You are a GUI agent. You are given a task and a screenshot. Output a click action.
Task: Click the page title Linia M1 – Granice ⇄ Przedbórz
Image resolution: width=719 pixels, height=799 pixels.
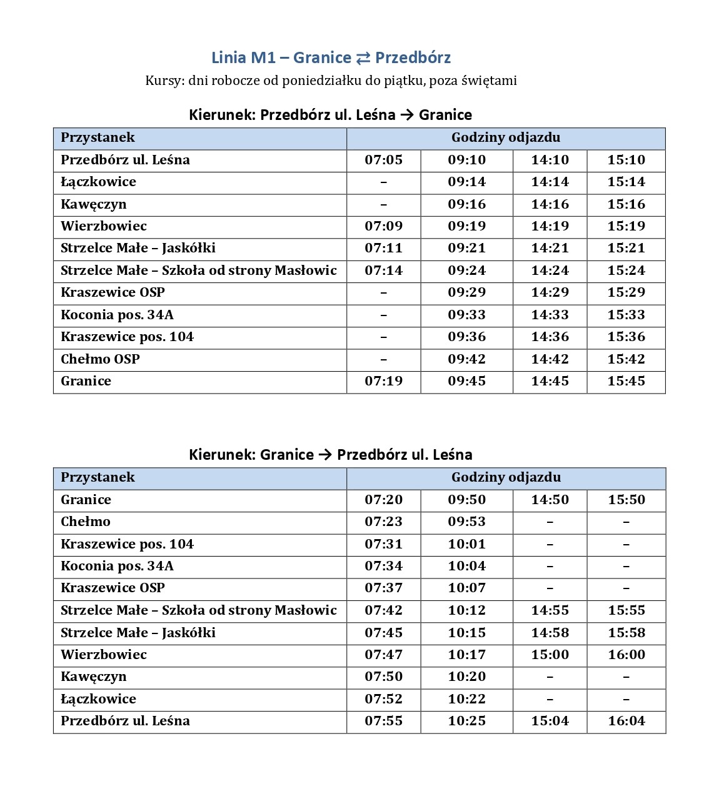point(331,57)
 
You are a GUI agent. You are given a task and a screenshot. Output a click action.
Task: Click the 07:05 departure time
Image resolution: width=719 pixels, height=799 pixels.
point(383,160)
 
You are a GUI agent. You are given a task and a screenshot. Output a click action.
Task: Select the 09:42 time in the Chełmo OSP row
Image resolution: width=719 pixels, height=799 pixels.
point(466,359)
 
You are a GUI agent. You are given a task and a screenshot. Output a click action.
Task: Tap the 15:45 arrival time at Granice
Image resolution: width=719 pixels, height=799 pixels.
point(626,381)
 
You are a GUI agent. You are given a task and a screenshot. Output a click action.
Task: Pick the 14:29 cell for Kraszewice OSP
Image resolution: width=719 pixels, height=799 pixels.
point(550,292)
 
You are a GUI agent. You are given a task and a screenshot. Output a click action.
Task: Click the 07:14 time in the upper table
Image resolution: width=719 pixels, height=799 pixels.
point(383,270)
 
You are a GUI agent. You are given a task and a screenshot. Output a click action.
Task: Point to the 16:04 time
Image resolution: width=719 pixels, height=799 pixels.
point(626,721)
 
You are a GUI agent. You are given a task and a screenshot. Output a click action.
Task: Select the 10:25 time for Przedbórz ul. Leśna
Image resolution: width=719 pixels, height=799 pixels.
point(466,721)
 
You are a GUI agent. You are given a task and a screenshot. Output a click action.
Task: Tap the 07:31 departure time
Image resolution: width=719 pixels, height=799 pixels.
point(383,544)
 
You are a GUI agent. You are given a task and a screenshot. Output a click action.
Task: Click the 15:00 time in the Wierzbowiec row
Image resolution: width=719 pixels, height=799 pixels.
point(550,655)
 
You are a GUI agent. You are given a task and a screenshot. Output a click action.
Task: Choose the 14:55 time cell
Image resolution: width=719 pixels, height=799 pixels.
point(550,610)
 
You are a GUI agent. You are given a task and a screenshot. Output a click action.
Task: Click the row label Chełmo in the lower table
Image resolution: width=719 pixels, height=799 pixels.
point(86,522)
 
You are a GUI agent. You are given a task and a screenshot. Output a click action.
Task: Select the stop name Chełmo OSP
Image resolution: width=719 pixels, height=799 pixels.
point(100,359)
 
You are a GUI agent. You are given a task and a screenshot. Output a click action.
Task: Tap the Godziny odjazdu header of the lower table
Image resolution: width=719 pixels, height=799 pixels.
point(506,477)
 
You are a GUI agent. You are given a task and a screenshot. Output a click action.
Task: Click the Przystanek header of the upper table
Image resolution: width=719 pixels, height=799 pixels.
point(98,137)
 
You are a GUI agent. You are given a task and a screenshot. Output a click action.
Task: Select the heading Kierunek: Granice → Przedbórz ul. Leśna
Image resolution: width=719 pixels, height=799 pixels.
point(330,454)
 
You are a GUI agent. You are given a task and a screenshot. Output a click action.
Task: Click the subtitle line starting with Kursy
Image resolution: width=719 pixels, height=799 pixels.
point(331,81)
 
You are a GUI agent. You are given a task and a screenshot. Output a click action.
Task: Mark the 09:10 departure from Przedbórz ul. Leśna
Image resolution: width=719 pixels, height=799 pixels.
point(466,160)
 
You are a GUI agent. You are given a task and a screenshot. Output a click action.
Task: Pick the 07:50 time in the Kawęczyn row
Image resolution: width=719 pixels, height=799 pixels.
point(383,677)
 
